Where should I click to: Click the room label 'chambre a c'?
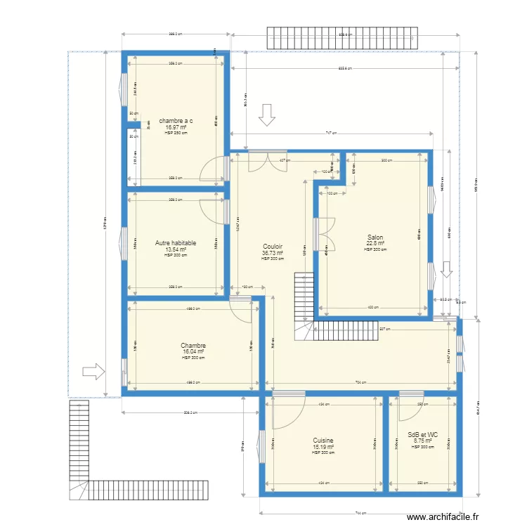point(176,121)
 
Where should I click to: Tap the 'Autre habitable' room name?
point(176,243)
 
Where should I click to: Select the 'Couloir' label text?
point(273,247)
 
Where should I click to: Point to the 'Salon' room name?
point(375,238)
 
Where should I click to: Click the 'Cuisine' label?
point(323,441)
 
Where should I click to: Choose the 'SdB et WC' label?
point(423,435)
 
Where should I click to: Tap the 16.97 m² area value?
point(176,127)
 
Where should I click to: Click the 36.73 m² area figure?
point(273,253)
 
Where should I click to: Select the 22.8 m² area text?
point(375,244)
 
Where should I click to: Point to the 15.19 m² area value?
point(323,447)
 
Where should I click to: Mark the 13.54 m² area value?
point(176,249)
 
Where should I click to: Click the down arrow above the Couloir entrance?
point(266,115)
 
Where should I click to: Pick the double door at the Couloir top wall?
point(267,160)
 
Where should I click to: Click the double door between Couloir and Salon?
point(326,233)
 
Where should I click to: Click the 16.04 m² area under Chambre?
point(193,352)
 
